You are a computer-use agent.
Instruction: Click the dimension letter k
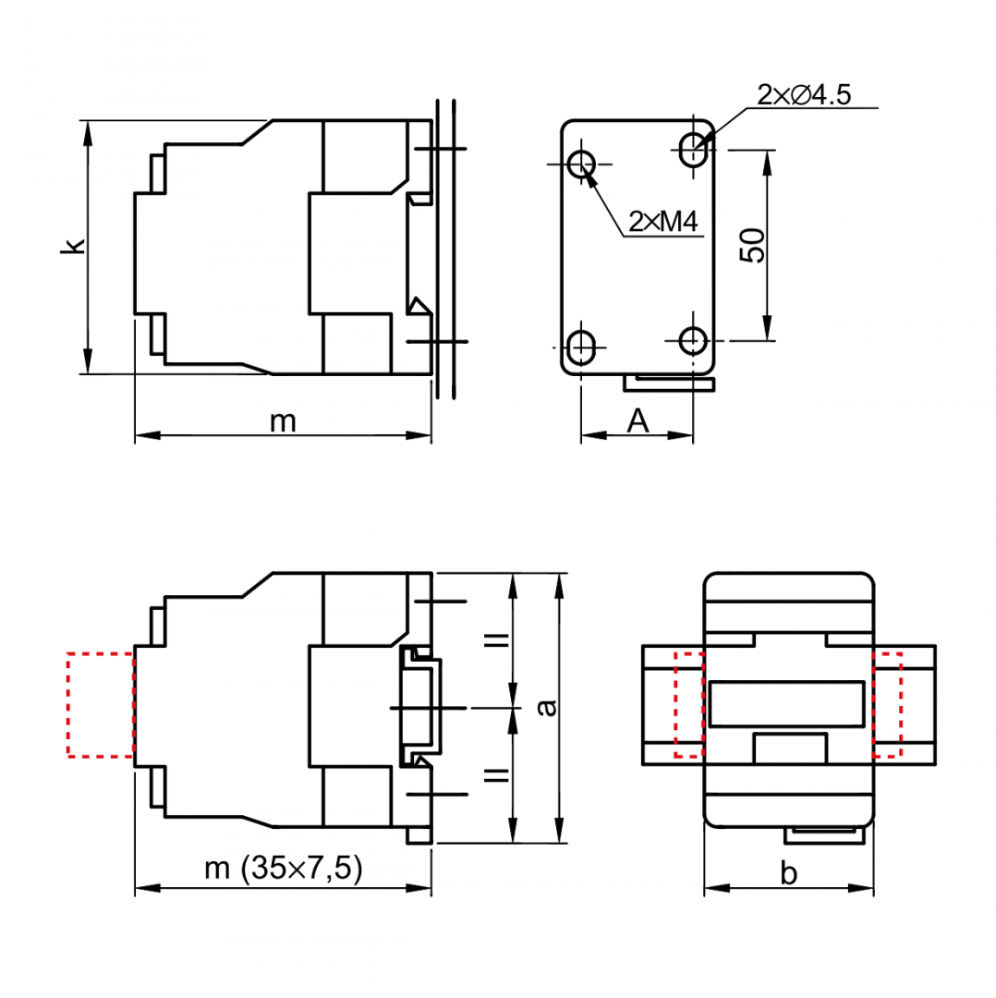[x=73, y=246]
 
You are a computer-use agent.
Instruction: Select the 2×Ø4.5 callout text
[x=804, y=95]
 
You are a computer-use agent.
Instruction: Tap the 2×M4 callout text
[x=663, y=222]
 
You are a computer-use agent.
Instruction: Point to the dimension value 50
[x=753, y=245]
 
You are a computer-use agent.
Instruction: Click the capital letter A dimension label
[x=638, y=420]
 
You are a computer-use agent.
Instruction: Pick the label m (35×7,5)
[x=284, y=868]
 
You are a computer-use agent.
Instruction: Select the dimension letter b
[x=788, y=873]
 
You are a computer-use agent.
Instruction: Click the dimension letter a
[x=547, y=707]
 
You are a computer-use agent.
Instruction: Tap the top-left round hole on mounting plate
[x=581, y=164]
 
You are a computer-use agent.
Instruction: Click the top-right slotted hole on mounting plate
[x=693, y=150]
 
